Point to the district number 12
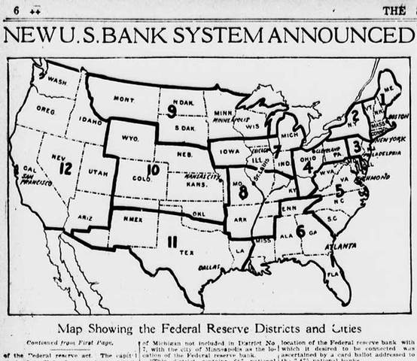(65, 168)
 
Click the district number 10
(153, 171)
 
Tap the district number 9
(172, 112)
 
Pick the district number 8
(243, 192)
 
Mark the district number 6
(300, 231)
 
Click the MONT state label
(123, 99)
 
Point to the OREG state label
(45, 109)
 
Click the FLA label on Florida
(332, 274)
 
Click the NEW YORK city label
(389, 139)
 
